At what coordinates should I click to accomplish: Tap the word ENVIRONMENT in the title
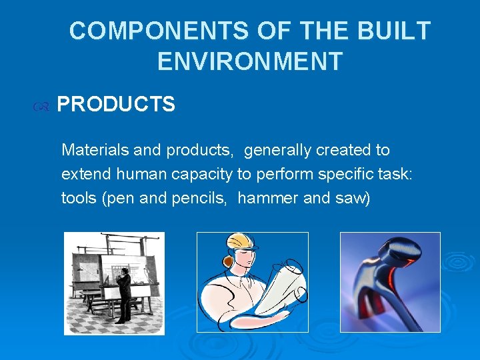(x=250, y=61)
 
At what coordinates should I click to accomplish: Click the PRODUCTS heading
(x=116, y=105)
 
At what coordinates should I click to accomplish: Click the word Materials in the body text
(x=95, y=150)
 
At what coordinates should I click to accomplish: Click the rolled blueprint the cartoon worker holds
(x=280, y=287)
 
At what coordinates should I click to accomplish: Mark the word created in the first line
(x=345, y=150)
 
